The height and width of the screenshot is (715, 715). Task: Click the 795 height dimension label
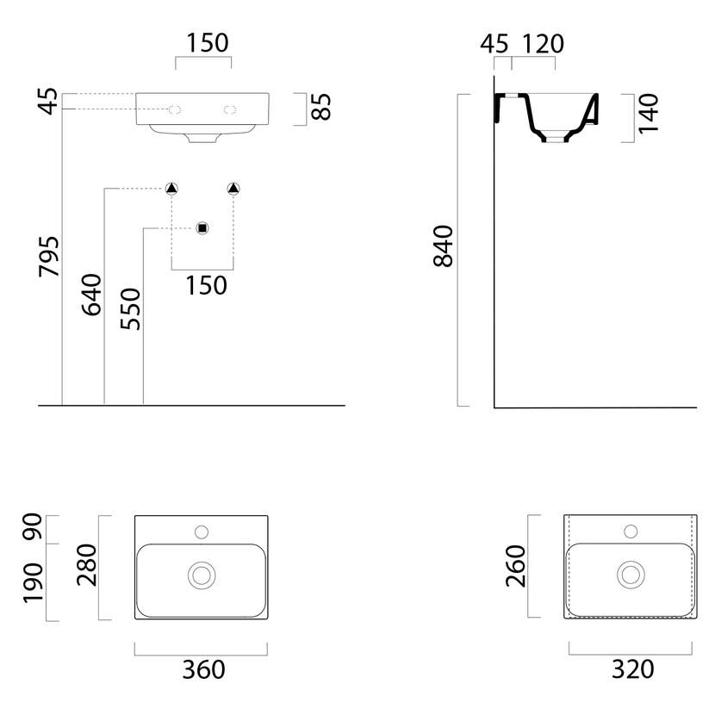49,256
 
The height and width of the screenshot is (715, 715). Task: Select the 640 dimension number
91,295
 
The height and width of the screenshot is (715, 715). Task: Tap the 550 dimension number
131,308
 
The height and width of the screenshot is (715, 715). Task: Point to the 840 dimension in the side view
444,246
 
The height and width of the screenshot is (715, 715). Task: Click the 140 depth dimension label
649,114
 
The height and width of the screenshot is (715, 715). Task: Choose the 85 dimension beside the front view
321,107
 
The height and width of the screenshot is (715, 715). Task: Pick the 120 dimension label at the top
543,44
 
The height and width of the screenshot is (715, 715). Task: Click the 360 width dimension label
203,670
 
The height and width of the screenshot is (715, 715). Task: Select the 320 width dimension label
632,669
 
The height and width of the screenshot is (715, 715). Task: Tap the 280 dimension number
87,565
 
